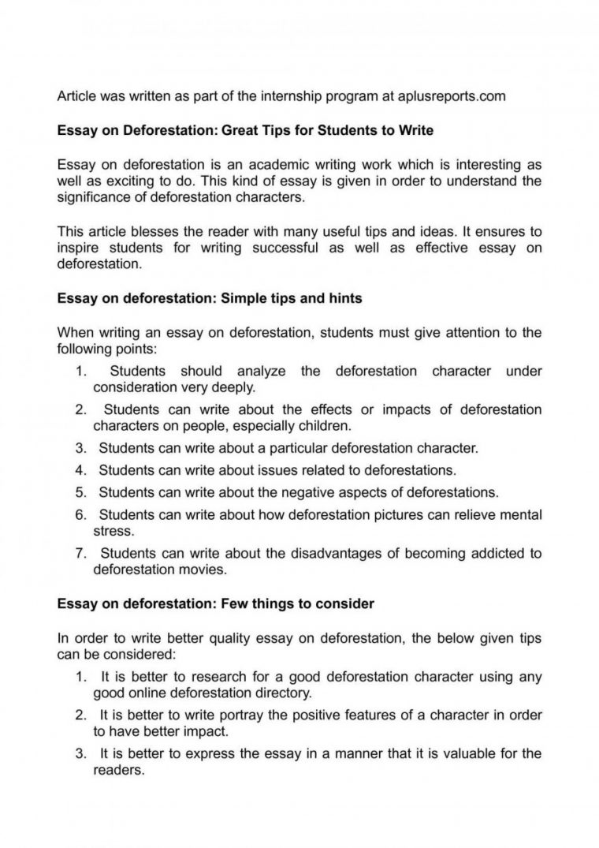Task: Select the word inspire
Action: (78, 248)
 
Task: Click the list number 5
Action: (80, 493)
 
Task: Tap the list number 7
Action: (80, 553)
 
